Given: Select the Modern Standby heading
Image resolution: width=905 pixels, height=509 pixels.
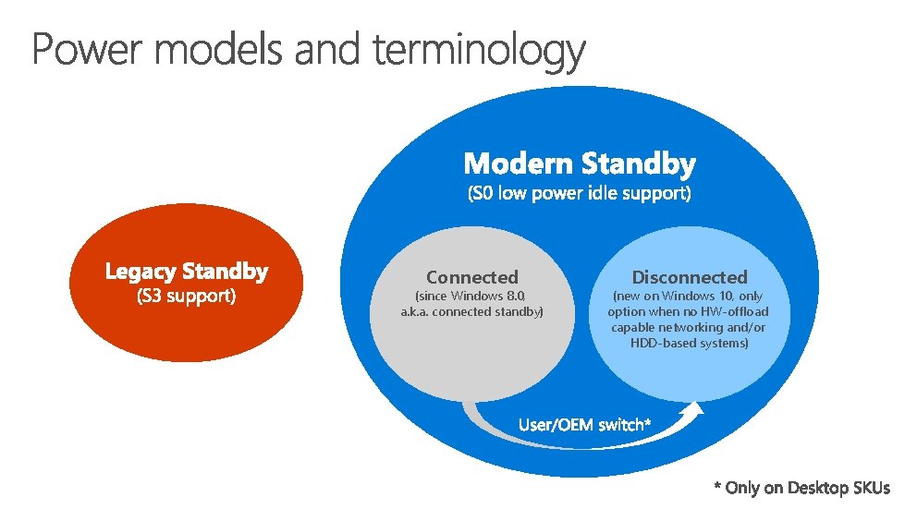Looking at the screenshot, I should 580,164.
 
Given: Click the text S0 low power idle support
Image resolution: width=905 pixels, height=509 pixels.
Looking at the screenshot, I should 580,194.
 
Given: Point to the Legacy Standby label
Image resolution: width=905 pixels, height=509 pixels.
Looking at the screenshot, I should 187,272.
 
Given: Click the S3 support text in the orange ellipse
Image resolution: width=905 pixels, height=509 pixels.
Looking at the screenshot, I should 187,297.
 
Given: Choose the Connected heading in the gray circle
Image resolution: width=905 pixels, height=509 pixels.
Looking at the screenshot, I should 472,277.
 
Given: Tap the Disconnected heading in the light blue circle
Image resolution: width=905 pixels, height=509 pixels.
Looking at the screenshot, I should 689,277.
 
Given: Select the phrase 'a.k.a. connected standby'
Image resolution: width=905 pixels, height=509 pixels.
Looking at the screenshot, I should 472,311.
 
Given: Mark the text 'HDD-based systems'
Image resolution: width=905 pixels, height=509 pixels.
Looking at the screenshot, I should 689,343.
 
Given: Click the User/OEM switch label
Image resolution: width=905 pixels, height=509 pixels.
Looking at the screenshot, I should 585,425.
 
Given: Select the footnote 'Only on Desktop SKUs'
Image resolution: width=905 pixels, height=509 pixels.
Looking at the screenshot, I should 807,487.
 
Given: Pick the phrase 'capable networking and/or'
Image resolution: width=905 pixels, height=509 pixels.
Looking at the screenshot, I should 689,327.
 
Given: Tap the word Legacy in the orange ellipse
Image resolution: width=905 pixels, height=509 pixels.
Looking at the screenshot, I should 140,272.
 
